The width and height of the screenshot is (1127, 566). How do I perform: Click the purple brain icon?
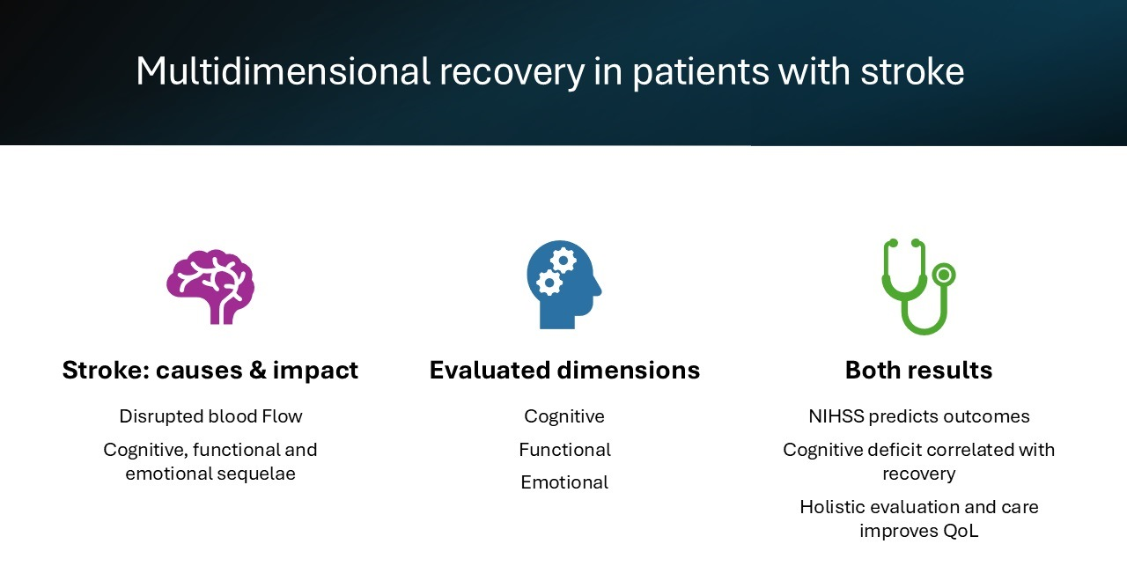pos(210,286)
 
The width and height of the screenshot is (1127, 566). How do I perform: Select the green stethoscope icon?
pos(916,286)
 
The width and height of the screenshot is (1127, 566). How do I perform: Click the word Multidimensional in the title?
pos(283,71)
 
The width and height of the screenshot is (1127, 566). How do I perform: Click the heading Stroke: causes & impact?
pos(210,370)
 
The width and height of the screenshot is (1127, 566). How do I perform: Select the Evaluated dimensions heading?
pos(564,370)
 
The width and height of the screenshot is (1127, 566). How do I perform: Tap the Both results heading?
pos(918,370)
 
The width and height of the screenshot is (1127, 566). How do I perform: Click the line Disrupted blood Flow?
pos(210,416)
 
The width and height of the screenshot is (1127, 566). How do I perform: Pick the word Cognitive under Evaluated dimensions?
pos(564,416)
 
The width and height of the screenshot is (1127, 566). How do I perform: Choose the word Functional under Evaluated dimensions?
pos(564,450)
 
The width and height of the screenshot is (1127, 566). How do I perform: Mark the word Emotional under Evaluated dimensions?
pos(564,482)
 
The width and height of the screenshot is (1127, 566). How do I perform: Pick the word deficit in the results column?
pos(894,450)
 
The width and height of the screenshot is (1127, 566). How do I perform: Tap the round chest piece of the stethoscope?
pos(943,275)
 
